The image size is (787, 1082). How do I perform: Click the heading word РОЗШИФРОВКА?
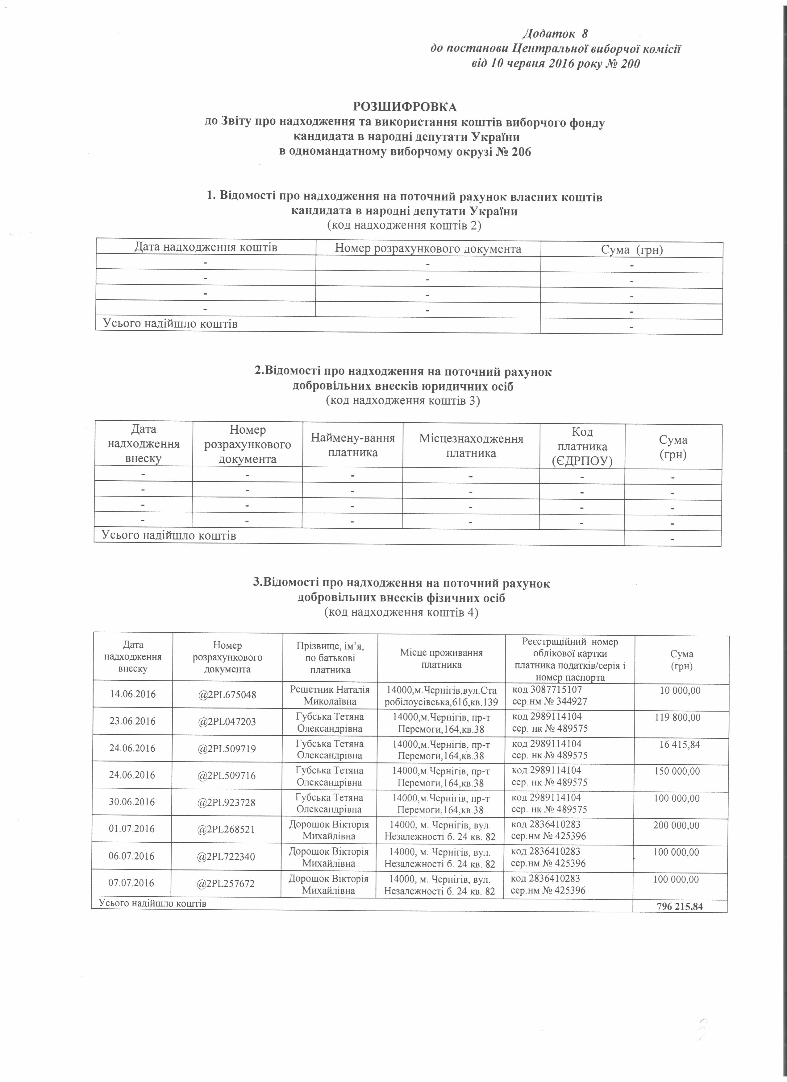point(405,106)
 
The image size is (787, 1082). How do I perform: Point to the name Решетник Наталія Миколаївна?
point(330,695)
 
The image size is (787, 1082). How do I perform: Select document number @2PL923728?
point(227,803)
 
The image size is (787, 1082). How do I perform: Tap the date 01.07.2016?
point(132,829)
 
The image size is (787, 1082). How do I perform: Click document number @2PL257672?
point(227,884)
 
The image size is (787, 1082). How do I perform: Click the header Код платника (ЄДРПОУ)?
point(582,447)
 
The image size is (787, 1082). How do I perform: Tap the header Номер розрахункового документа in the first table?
point(428,249)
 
